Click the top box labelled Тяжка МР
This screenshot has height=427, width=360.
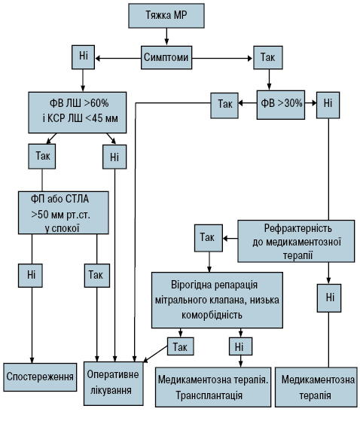[166, 16]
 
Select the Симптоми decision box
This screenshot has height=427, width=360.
[166, 57]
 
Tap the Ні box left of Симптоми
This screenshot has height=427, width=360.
[84, 57]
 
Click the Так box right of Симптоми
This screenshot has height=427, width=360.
[268, 57]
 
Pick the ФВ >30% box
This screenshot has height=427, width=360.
[281, 105]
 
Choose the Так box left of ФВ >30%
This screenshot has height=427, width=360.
[224, 105]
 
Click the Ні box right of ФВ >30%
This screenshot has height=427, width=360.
[328, 105]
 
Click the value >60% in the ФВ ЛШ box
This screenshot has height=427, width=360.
[96, 103]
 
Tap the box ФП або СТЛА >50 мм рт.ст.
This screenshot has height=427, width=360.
[63, 212]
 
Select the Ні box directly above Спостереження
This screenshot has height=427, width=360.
[30, 276]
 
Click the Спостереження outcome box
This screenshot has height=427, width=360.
[40, 377]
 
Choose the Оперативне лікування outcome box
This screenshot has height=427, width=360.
[114, 383]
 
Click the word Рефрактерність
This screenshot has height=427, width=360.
[298, 228]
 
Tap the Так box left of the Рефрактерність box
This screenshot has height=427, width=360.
[209, 238]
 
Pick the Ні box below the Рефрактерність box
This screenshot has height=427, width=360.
[329, 298]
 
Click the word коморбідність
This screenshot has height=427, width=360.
[212, 315]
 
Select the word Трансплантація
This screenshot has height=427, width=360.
[209, 395]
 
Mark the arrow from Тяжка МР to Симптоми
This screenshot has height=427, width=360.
[166, 36]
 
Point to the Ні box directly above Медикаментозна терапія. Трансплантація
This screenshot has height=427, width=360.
[240, 346]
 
